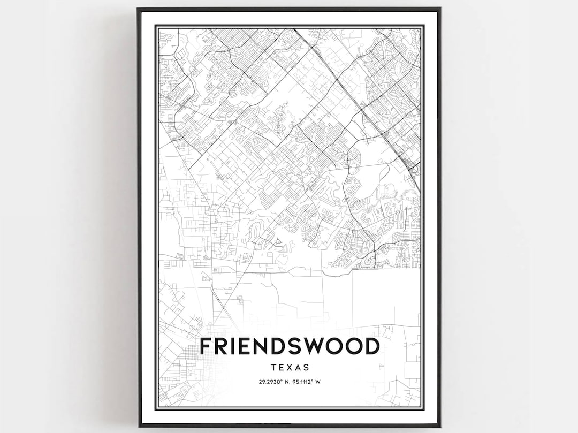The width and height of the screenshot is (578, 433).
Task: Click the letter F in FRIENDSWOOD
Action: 206,347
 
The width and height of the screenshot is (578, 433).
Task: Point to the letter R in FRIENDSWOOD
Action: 222,347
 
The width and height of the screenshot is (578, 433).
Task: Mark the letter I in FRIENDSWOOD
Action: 234,347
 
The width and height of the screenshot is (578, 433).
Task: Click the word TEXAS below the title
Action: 290,368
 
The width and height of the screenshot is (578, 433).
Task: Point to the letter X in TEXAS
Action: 290,368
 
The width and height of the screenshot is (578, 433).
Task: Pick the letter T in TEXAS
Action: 273,368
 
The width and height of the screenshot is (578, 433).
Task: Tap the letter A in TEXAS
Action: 298,368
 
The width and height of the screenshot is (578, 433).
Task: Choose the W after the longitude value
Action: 318,382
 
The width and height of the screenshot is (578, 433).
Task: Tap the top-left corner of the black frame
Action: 139,9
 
